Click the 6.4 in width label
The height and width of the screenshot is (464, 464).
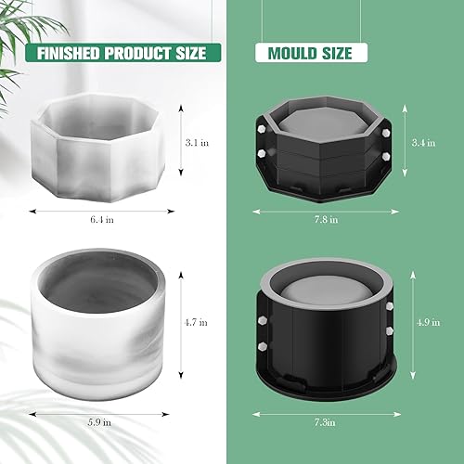pos(104,219)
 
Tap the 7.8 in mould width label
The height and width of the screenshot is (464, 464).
pos(327,219)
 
